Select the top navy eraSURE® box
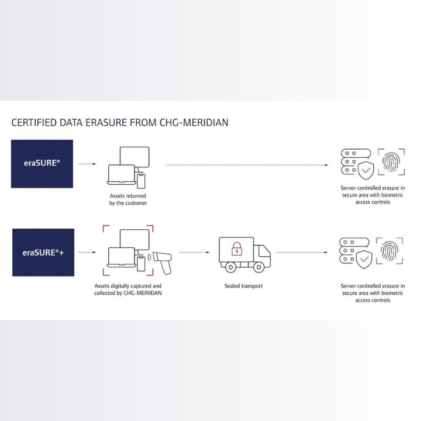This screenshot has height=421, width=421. [42, 164]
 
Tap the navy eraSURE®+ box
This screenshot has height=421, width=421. [43, 252]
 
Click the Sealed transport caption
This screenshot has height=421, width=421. [243, 286]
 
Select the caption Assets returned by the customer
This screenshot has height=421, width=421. [128, 199]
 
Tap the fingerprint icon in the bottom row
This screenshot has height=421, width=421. [390, 251]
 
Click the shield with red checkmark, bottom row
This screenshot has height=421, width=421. [365, 259]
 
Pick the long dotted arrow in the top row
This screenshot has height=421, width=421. [246, 165]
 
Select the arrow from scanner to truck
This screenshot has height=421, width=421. [194, 253]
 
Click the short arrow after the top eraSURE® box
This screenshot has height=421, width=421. [87, 164]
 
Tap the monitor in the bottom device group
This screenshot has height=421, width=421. [134, 240]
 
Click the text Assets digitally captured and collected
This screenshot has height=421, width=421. [128, 289]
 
